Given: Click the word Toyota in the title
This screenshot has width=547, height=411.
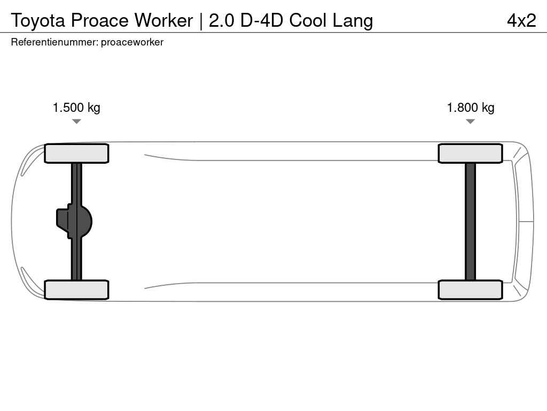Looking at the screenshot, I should [x=38, y=20].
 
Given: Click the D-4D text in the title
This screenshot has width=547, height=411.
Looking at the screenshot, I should [x=261, y=20].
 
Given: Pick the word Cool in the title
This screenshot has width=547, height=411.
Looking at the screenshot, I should [x=308, y=20].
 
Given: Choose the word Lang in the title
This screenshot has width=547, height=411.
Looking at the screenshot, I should [x=353, y=20].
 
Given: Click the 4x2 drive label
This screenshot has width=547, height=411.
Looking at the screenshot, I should [x=521, y=20].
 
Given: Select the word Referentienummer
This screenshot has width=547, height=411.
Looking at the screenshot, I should [x=54, y=42].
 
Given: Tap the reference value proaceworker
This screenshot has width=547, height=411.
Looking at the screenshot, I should [x=132, y=42].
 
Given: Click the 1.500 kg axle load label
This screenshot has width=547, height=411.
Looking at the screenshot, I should [x=76, y=108].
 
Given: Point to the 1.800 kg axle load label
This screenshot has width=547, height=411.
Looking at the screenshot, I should [x=471, y=108].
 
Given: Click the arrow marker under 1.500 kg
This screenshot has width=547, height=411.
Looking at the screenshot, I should [x=76, y=121].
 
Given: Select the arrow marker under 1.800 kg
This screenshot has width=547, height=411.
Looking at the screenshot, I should [x=470, y=121].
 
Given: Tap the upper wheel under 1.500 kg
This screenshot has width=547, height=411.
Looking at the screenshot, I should [x=76, y=154].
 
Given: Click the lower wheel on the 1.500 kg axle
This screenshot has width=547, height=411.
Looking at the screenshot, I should [x=76, y=290].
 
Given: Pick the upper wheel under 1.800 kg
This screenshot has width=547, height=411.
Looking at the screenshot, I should [x=470, y=154].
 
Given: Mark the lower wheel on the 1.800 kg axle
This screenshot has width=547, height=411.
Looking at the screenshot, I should [x=470, y=290].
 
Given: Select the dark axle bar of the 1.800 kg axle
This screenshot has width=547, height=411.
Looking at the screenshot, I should [x=470, y=222].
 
